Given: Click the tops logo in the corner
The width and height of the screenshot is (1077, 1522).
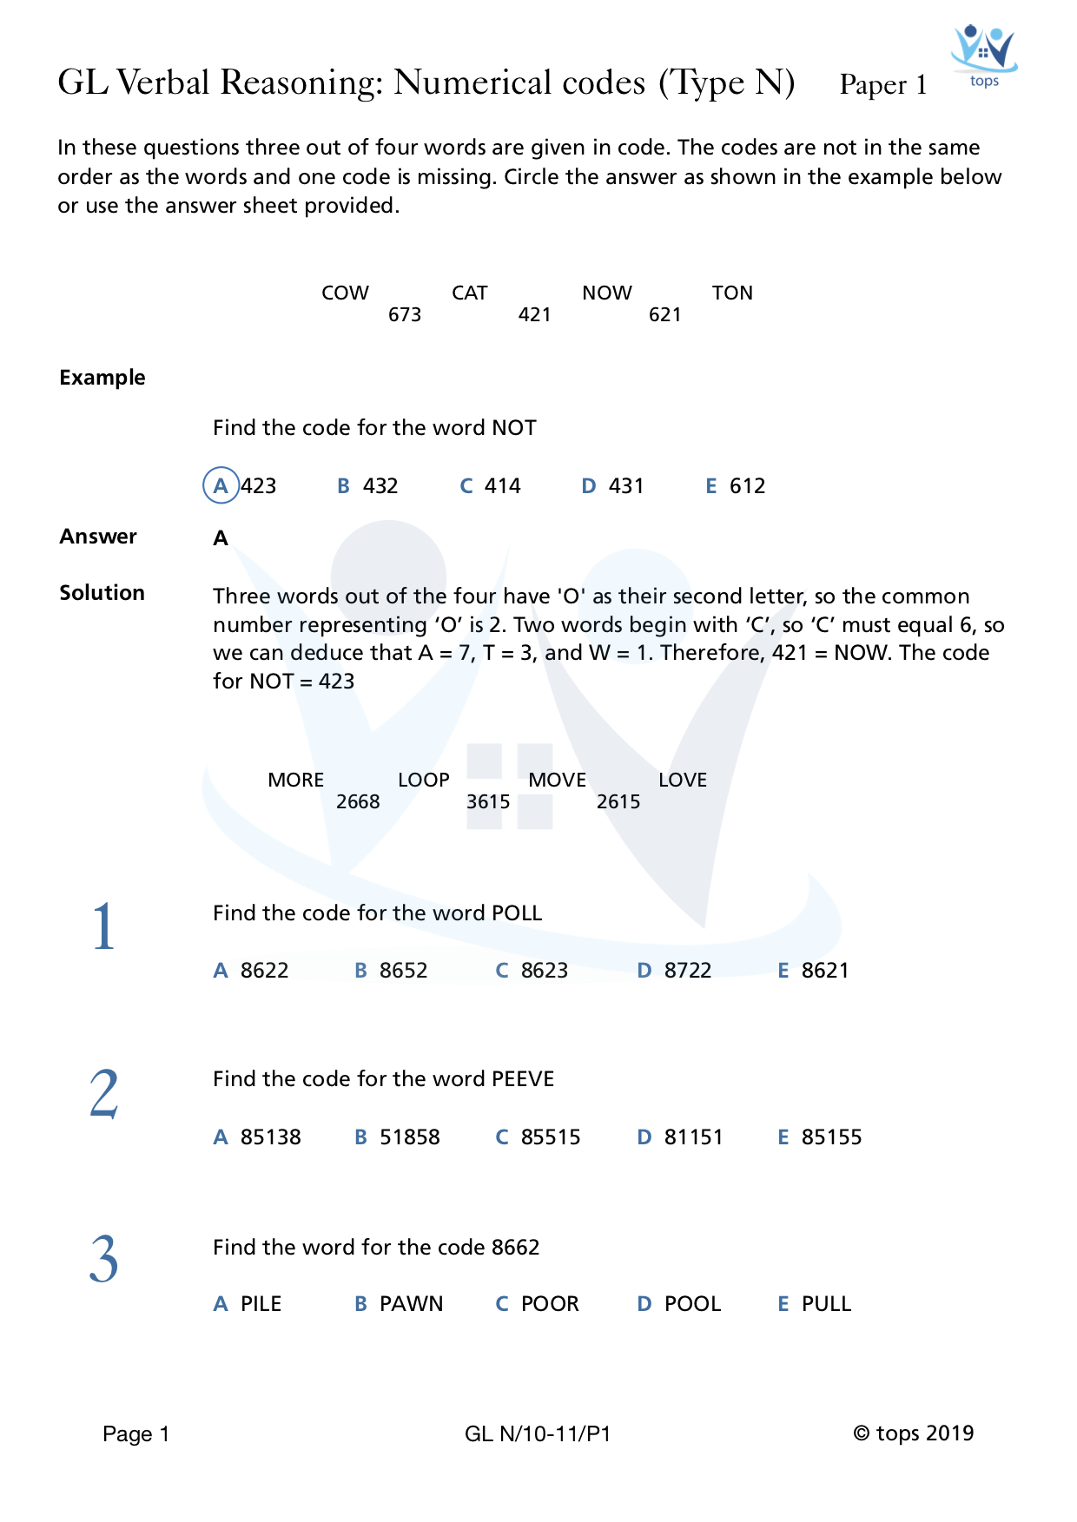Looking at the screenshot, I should tap(983, 55).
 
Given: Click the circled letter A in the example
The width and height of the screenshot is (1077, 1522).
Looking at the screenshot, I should tap(221, 485).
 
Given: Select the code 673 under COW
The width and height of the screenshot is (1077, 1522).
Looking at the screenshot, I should tap(405, 314).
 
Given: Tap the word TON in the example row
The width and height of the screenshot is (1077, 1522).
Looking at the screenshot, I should tap(732, 293).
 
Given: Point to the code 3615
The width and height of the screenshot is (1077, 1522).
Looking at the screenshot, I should tap(488, 801).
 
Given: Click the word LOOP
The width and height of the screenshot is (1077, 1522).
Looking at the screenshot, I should tap(424, 780).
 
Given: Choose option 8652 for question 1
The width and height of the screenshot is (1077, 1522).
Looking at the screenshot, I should tap(403, 970).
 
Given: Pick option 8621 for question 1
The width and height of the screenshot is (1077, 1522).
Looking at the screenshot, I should tap(824, 970).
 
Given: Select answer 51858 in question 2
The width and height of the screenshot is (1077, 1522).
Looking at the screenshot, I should tap(409, 1137).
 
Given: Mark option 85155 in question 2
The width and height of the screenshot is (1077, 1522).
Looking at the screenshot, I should tap(831, 1137).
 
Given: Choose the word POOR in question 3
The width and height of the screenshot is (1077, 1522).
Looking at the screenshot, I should tap(549, 1303).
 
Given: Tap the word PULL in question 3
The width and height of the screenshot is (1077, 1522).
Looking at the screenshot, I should tap(826, 1303).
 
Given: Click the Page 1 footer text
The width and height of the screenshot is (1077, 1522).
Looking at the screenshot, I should tap(135, 1433).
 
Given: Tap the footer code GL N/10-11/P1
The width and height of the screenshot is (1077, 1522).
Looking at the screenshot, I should tap(538, 1433).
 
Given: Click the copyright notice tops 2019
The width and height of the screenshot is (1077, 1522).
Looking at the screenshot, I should tap(913, 1433).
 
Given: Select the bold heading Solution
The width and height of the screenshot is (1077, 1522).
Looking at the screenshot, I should tap(102, 592).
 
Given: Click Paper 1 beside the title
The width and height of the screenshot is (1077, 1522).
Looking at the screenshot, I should tap(882, 85).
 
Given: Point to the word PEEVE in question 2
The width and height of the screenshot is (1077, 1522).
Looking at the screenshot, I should tap(523, 1078).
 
